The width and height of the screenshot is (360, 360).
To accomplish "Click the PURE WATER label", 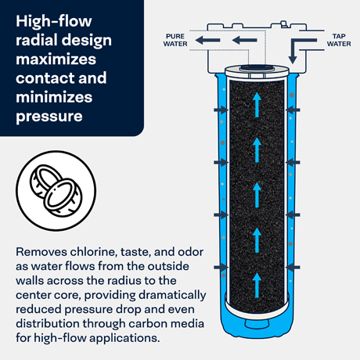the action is coord(175,40).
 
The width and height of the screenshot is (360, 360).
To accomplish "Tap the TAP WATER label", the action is coord(339,40).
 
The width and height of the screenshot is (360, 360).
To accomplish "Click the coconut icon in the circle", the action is coord(56,190).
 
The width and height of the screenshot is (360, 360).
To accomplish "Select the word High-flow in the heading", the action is coord(54,21).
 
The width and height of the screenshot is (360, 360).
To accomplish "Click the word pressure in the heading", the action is coord(49,117).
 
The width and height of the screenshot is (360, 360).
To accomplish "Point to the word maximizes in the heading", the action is coord(56,59).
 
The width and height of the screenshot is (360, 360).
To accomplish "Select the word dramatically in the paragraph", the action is coord(172,295).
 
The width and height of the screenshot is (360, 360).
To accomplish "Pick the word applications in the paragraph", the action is coord(124,338).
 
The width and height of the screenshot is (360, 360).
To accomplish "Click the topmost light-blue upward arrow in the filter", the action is coord(257,105).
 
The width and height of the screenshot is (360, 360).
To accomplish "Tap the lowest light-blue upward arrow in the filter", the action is coord(257,285).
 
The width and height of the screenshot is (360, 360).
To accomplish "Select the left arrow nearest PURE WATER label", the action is coord(207,40).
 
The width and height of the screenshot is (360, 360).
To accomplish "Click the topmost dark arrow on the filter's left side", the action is coord(221,110).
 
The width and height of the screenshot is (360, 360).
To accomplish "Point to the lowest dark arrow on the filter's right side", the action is coord(293,267).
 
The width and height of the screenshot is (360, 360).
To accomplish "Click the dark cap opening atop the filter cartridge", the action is coord(257,68).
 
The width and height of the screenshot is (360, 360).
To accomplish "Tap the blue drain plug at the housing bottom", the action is coord(257,324).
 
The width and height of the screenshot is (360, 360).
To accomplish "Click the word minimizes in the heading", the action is coord(54,97).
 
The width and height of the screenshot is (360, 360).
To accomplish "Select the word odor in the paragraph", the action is coord(190,252).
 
